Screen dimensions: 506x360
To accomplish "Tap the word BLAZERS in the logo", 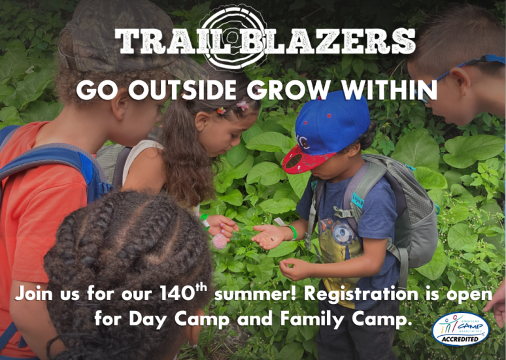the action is click(328, 41).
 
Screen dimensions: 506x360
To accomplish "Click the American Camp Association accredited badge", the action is click(460, 329).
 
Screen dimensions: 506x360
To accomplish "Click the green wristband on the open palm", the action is click(293, 233).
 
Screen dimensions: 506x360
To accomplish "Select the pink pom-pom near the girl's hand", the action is click(220, 241).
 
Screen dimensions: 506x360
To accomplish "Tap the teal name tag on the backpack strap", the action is click(358, 201).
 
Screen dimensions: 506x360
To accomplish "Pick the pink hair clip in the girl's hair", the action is click(242, 105).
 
